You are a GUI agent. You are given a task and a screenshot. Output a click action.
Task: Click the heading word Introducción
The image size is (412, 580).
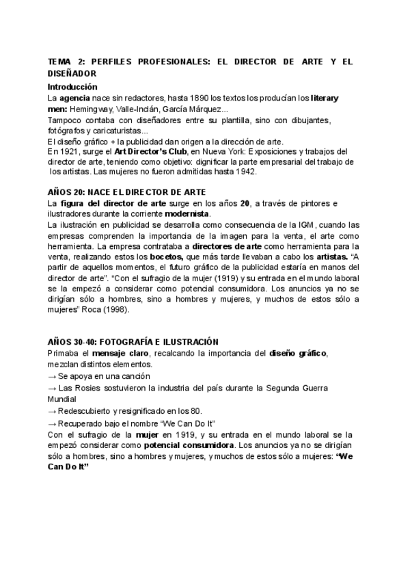[72, 87]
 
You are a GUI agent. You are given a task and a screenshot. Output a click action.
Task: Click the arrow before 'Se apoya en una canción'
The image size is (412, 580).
[52, 376]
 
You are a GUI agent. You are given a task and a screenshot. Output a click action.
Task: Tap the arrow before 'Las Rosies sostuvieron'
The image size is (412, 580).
[52, 388]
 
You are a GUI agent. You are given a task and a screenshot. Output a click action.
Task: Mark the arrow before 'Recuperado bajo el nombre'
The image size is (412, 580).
[52, 423]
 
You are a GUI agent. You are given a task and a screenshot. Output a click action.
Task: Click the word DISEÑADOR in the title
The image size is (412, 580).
[72, 72]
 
